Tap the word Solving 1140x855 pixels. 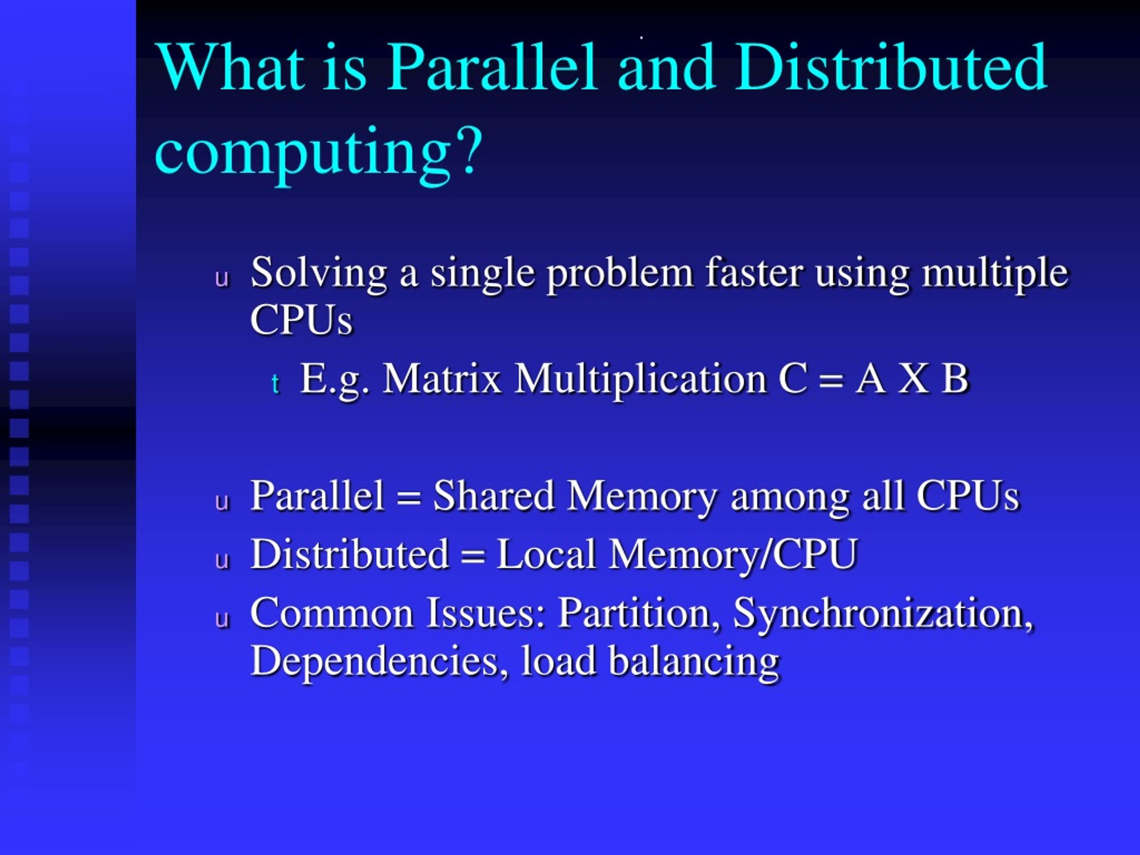coord(318,273)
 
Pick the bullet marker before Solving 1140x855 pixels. coord(222,279)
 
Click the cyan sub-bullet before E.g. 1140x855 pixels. coord(276,384)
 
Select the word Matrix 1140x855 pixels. coord(442,379)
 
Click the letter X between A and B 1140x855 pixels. coord(913,379)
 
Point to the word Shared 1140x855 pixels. coord(493,496)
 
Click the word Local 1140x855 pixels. coord(546,554)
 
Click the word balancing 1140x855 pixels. coord(694,662)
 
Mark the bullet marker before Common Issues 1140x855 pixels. coord(222,619)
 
